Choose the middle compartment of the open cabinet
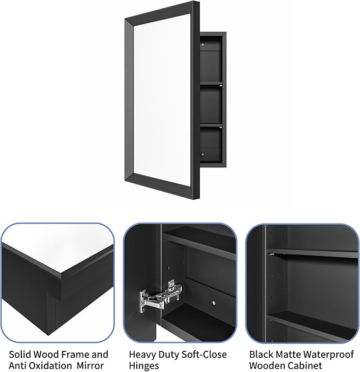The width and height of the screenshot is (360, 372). point(212,104)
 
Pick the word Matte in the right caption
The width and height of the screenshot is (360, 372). point(291,355)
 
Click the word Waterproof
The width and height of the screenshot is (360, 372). point(331,355)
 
